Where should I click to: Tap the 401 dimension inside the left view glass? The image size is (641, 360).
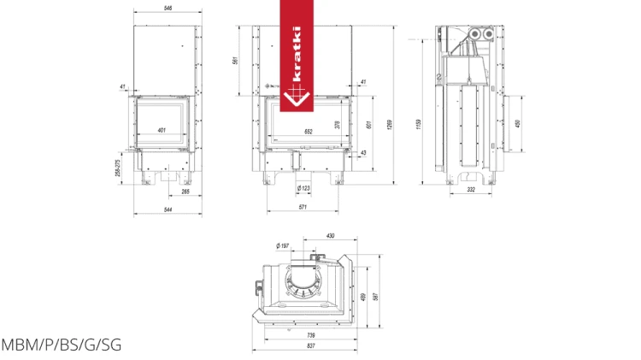point(162,130)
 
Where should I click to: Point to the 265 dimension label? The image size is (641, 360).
point(185,192)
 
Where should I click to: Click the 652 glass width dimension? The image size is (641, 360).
point(309,132)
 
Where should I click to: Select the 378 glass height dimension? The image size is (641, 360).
point(338,124)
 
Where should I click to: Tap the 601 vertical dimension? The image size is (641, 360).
point(368,124)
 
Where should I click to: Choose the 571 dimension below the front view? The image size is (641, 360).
point(302,207)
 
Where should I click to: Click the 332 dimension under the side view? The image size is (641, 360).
point(471,190)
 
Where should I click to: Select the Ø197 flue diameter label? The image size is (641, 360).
point(284,245)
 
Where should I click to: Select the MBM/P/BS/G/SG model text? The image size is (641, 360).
point(61,345)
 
